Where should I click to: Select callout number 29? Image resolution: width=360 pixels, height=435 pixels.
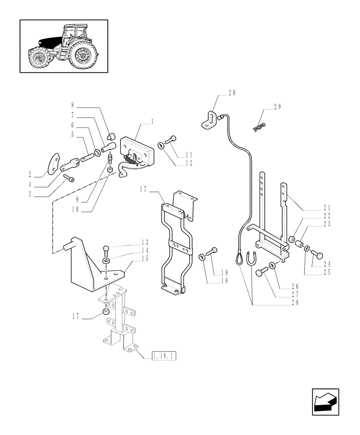click(277, 107)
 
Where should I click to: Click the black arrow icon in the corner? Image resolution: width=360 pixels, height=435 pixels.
click(325, 402)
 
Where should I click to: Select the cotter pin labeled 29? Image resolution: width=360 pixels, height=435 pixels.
click(259, 126)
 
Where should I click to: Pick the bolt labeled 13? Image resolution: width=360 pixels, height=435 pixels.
click(107, 251)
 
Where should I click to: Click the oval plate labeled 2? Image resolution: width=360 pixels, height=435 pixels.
click(53, 161)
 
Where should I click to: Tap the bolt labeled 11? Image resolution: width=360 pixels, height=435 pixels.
click(172, 139)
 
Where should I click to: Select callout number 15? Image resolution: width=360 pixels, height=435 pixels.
click(145, 258)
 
